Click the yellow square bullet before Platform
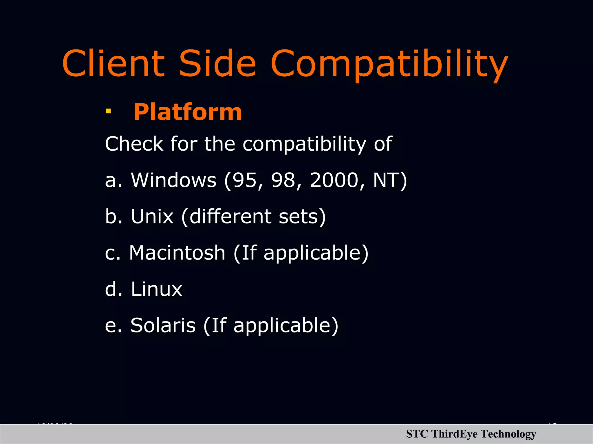108,111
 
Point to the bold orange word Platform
187,112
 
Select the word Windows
173,180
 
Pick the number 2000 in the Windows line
334,180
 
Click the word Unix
152,217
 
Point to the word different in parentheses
230,217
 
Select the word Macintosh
177,253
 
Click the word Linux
156,289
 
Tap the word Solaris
163,325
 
